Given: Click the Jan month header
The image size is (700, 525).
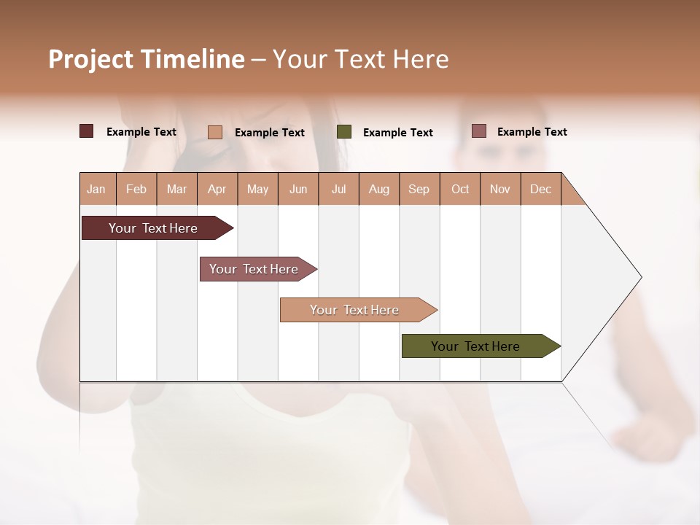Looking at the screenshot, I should coord(96,189).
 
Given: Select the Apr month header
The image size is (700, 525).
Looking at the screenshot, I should coord(217,189).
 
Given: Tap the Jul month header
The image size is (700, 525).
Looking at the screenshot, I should coord(338,189).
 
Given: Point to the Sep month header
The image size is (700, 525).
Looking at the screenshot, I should coord(419,189).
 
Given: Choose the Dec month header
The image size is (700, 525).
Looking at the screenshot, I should coord(540,189).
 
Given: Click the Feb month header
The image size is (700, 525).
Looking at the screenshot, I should coord(136,189).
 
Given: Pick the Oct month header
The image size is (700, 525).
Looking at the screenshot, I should coord(460,189).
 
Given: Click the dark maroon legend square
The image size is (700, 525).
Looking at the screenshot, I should coord(86,131).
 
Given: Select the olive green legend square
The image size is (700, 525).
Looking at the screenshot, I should coord(344,131).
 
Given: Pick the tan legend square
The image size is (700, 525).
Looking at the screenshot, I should coord(214,132).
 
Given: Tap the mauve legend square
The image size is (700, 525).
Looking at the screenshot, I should coord(478,131).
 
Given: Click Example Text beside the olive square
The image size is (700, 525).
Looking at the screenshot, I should coord(397,132).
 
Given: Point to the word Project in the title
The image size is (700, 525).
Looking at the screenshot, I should coord(90,59).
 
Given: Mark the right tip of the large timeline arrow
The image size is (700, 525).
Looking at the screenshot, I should coord(640,277).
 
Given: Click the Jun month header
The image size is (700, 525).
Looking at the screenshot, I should coord(298,189).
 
